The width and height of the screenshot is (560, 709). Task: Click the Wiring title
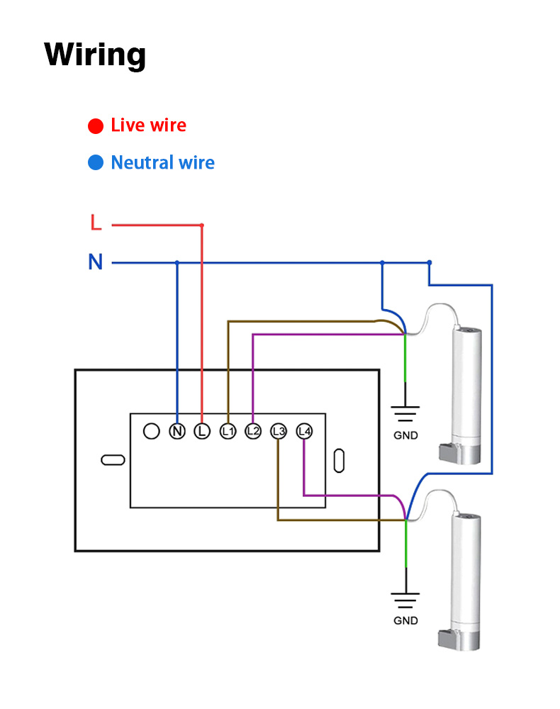(x=95, y=55)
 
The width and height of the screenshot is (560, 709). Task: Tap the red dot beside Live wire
(x=96, y=126)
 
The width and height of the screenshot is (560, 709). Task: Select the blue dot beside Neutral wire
(x=96, y=163)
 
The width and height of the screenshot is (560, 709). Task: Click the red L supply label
(x=96, y=223)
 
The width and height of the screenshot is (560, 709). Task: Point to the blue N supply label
(x=96, y=262)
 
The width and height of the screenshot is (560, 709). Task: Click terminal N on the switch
(x=177, y=431)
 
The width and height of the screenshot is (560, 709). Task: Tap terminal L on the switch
(x=202, y=431)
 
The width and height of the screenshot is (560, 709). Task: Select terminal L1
(x=228, y=431)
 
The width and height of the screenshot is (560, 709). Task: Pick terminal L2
(x=253, y=431)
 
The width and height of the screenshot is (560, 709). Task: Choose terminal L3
(x=279, y=431)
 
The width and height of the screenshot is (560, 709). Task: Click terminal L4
(x=304, y=431)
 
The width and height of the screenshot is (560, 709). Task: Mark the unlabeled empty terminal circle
(x=151, y=431)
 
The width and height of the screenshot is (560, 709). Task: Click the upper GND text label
(x=405, y=435)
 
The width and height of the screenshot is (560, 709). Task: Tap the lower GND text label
(x=405, y=620)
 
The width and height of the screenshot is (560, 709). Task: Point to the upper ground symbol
(x=405, y=413)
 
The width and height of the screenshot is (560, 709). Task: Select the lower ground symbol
(x=405, y=599)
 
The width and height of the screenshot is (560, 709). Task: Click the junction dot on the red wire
(x=202, y=225)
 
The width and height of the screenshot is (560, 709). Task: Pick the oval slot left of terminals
(x=113, y=460)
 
